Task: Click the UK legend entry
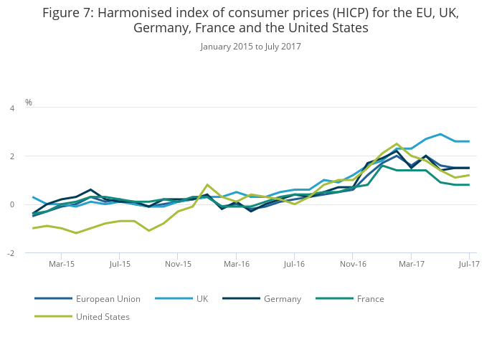tap(202, 298)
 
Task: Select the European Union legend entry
tap(108, 298)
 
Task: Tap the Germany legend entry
tap(282, 298)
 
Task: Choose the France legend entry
tap(370, 298)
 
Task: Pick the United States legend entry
tap(103, 316)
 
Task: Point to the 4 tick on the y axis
tap(11, 108)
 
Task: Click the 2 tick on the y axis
tap(11, 156)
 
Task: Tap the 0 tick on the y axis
tap(11, 204)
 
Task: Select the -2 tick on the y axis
tap(10, 253)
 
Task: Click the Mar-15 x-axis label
tap(61, 264)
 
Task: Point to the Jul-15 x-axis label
tap(120, 264)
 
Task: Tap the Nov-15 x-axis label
tap(179, 264)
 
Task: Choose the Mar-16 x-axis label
tap(237, 264)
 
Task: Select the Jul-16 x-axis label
tap(294, 264)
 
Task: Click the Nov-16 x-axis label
tap(353, 264)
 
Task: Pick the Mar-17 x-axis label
tap(411, 264)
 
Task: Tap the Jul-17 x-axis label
tap(469, 264)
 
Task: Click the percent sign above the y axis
tap(29, 103)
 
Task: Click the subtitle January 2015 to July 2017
tap(251, 47)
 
